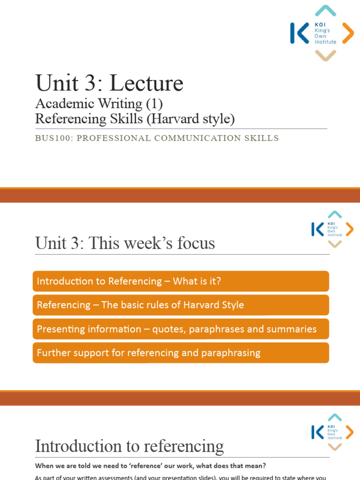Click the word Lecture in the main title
point(146,83)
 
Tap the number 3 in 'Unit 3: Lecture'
point(87,83)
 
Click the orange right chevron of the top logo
point(348,33)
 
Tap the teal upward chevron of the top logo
point(325,11)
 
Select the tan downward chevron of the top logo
point(325,55)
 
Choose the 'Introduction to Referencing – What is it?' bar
point(181,281)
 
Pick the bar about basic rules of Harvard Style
point(181,305)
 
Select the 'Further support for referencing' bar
point(181,353)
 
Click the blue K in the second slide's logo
point(317,229)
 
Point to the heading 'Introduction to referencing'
point(129,446)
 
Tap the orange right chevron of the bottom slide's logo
point(349,432)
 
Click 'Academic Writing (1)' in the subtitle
point(99,104)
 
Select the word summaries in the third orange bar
point(292,329)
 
